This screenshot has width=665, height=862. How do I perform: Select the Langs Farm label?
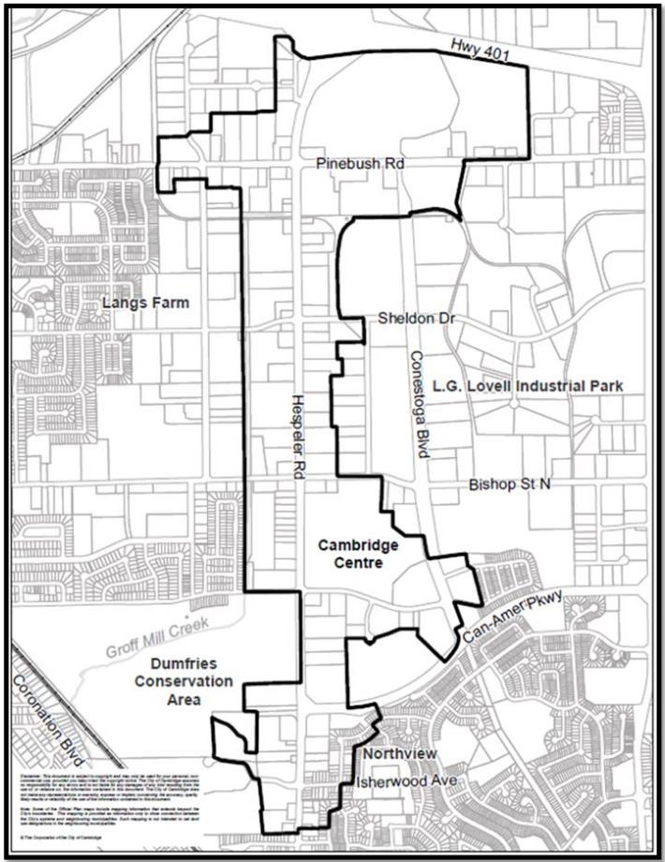click(144, 303)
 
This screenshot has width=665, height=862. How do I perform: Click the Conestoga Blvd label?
click(417, 403)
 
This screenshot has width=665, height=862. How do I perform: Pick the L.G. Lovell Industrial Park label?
click(527, 386)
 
